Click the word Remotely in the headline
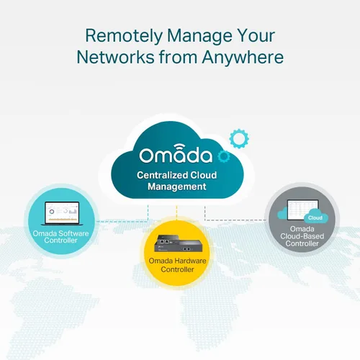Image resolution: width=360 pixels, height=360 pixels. [x=124, y=36]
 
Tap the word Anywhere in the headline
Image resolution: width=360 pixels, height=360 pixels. [x=243, y=58]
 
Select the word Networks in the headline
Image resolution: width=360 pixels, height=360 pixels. [x=116, y=58]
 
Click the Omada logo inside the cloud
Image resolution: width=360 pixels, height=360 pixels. [x=176, y=154]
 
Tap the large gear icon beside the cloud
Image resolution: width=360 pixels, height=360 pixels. [x=239, y=138]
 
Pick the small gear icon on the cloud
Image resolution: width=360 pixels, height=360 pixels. [x=224, y=156]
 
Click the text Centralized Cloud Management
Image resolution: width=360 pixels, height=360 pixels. [x=177, y=181]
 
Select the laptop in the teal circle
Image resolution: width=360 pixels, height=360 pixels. [x=62, y=213]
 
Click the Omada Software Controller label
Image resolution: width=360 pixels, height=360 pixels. [x=60, y=237]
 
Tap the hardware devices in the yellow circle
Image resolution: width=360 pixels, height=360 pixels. [x=179, y=243]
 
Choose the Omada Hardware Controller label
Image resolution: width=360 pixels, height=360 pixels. [x=177, y=265]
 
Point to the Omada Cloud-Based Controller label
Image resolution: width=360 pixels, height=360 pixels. [x=302, y=236]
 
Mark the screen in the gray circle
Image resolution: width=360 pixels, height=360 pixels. [x=303, y=210]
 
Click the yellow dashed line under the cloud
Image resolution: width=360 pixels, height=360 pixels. [x=176, y=212]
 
